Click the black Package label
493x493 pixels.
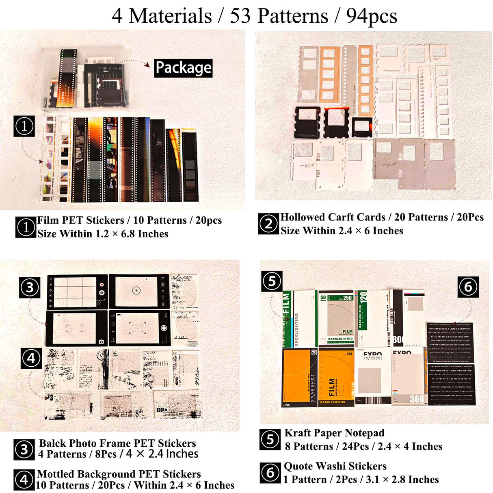coord(183,68)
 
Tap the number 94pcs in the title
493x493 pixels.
coord(371,16)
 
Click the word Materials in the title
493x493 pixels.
coord(170,16)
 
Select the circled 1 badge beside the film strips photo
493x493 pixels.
coord(24,126)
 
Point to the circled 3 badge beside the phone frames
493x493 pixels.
coord(30,288)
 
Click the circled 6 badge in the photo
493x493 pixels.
coord(468,287)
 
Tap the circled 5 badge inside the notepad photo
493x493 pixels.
coord(272,281)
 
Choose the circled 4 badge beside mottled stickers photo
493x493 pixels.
coord(31,358)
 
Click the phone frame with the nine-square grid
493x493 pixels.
coord(77,292)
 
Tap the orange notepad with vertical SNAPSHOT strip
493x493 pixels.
coord(299,377)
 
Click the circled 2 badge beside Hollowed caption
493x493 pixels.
coord(268,224)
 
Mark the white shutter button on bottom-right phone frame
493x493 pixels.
coord(164,328)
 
